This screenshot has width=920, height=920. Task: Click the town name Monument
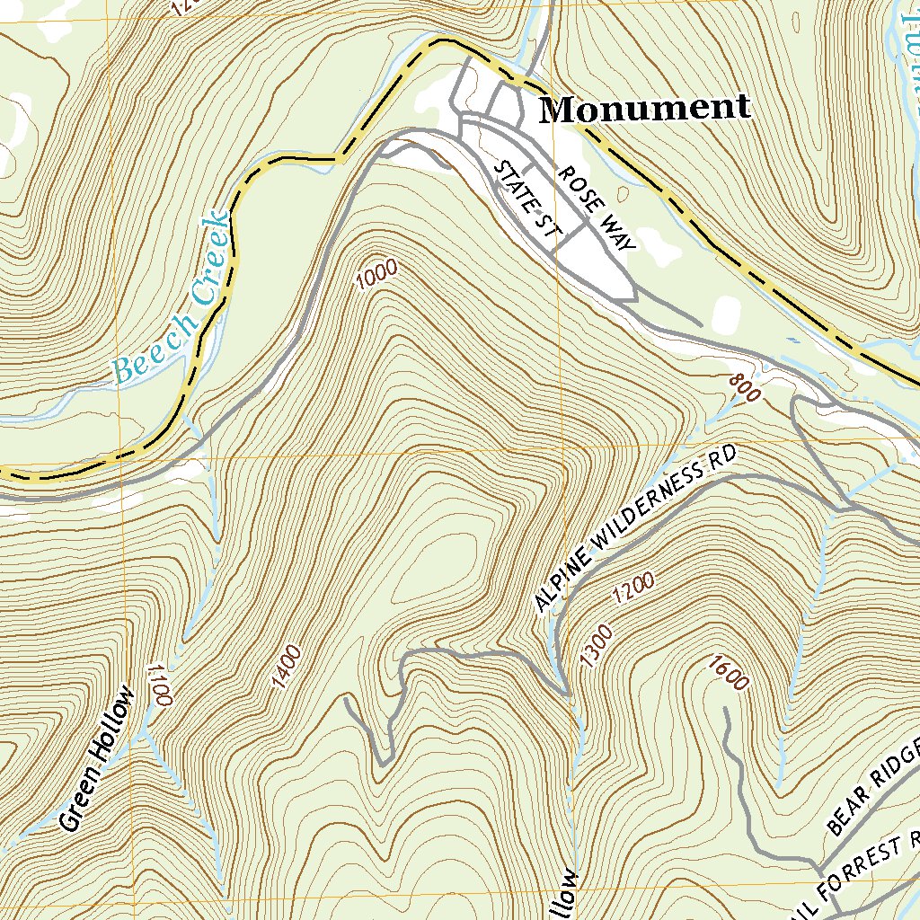coord(644,109)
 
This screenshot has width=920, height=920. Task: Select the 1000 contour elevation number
coord(375,276)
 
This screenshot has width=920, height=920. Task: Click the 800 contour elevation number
coord(746,388)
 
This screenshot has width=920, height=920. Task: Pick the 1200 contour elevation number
coord(633,588)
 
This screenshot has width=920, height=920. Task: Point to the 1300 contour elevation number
coord(596,647)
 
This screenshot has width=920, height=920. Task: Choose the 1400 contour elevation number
coord(286,668)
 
